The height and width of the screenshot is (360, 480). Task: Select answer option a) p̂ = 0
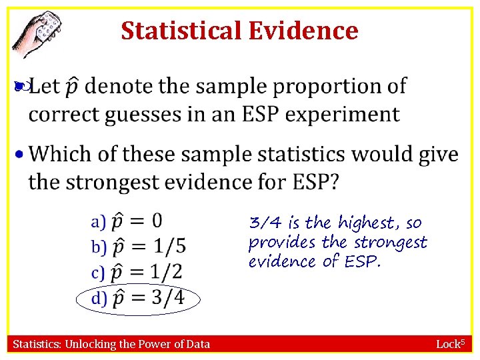(x=127, y=221)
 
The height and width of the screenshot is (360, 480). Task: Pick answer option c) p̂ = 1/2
(x=137, y=271)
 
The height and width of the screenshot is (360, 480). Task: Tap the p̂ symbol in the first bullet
(x=73, y=87)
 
